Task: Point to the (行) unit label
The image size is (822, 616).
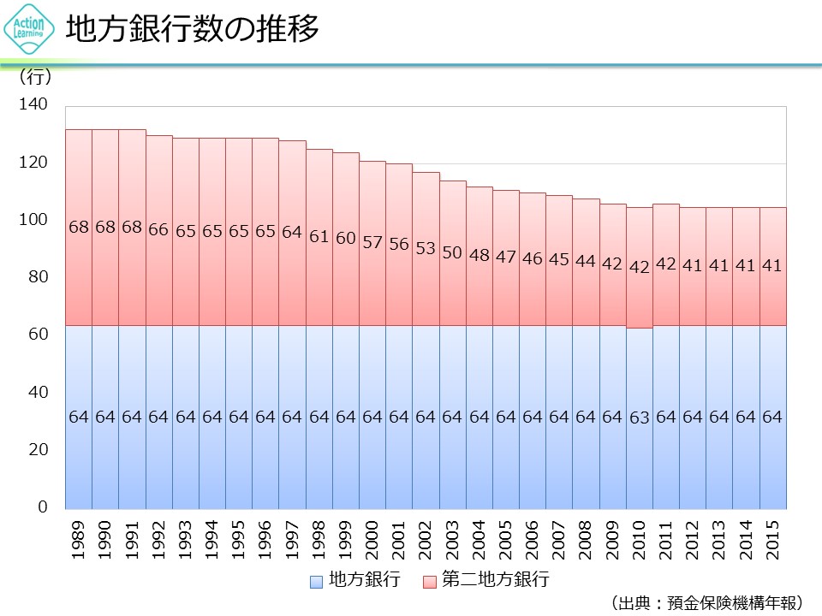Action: [x=35, y=78]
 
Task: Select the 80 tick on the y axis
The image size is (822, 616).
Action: [x=39, y=277]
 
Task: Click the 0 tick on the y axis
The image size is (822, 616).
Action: [x=43, y=507]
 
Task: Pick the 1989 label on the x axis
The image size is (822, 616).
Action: [x=79, y=539]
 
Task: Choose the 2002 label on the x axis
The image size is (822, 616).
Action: [x=426, y=539]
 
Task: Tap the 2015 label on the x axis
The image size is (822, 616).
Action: [x=772, y=539]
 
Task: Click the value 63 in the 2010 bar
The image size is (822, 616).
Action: [x=640, y=418]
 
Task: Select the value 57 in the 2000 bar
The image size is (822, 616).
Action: [x=372, y=242]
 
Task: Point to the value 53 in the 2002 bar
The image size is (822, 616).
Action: [x=426, y=248]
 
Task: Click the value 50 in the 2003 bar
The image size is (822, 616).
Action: [x=452, y=252]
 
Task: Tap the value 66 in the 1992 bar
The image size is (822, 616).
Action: [x=158, y=229]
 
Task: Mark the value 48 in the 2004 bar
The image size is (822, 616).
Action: [x=479, y=255]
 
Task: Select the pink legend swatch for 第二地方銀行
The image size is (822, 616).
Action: [x=431, y=581]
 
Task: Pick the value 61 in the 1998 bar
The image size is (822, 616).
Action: [x=319, y=236]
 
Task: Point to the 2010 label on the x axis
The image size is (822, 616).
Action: [x=640, y=539]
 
